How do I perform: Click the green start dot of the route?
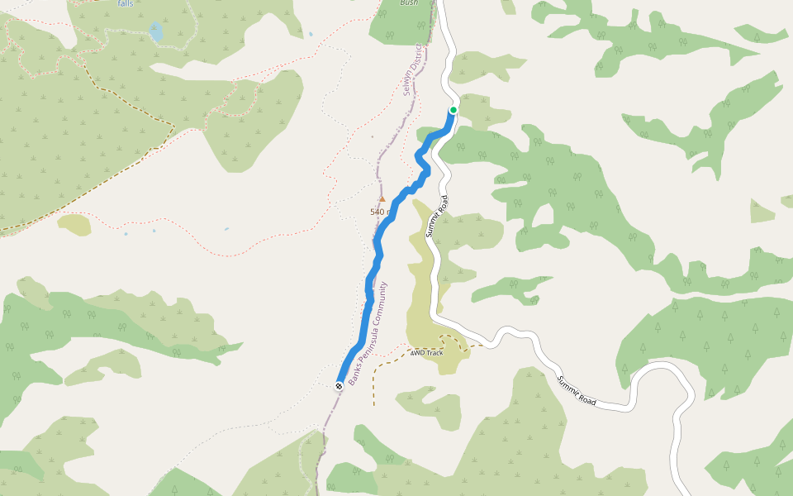[x=453, y=110]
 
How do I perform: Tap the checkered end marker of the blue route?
[x=339, y=386]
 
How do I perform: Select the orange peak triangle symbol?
[x=382, y=198]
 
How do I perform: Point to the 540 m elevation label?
[x=380, y=212]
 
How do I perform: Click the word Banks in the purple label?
[x=353, y=376]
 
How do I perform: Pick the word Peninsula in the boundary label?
[x=365, y=345]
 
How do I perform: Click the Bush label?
[x=409, y=3]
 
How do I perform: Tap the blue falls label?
[x=125, y=3]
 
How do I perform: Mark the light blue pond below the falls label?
[x=155, y=33]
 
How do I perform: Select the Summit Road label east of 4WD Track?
[x=576, y=390]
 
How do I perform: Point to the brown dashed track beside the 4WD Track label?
[x=374, y=380]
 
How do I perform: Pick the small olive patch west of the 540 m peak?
[x=74, y=224]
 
